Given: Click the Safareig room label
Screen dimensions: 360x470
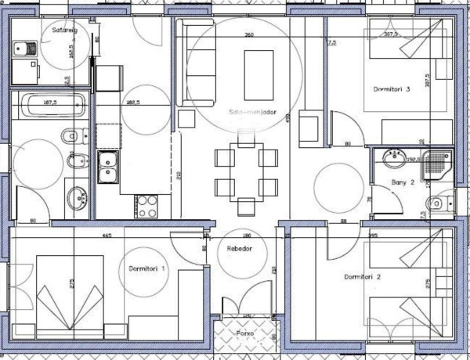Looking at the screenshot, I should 63,31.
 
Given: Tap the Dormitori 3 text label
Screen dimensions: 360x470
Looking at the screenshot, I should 392,89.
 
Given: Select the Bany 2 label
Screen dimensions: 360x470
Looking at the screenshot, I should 403,184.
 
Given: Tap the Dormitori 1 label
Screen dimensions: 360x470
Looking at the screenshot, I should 146,268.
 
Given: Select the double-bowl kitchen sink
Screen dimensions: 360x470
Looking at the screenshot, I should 107,167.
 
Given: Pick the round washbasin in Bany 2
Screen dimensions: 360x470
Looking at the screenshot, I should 392,161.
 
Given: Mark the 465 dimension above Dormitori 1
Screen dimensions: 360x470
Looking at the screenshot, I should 107,235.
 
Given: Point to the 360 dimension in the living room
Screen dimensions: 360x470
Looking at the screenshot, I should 249,35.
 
